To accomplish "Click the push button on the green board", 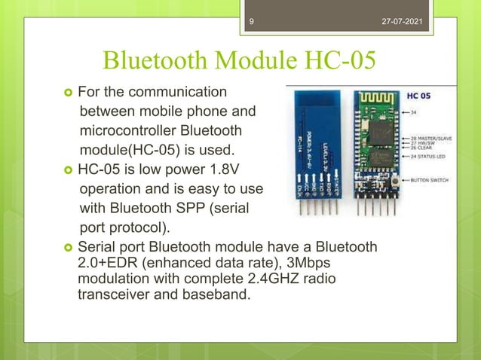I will click(x=394, y=182).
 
